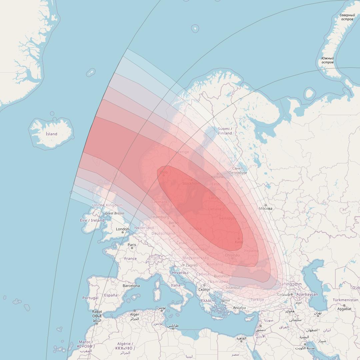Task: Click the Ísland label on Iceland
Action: pos(51,134)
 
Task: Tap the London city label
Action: pos(122,229)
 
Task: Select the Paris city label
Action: pos(132,245)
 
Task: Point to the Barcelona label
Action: pos(131,286)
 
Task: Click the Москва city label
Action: pos(266,209)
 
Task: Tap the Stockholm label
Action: pos(191,183)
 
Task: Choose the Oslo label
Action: pos(164,172)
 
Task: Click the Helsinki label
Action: pos(217,177)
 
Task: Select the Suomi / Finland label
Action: pos(225,131)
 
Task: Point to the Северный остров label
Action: pos(347,17)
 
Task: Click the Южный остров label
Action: pos(327,60)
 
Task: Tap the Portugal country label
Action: pos(90,298)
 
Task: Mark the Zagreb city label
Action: pos(191,265)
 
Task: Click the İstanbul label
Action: pos(233,287)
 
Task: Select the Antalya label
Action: pos(239,308)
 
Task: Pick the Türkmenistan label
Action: pos(345,300)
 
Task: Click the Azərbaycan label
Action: pos(307,294)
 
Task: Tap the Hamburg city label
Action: pos(161,217)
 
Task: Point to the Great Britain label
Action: pos(115,213)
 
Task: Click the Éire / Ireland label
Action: pos(92,220)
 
